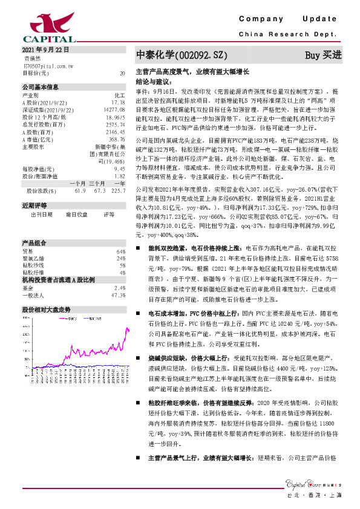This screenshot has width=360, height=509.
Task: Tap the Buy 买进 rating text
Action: (x=323, y=55)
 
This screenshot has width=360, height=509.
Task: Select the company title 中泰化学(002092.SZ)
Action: (x=181, y=55)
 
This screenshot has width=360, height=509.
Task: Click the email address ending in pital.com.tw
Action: (x=48, y=65)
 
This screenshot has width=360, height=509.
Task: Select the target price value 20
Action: (x=123, y=73)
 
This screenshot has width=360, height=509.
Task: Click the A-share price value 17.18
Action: (x=118, y=103)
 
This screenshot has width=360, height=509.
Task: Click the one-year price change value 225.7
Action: (x=118, y=191)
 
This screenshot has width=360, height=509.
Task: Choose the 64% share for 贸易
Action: (x=120, y=251)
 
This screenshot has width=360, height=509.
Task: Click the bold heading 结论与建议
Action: (x=153, y=80)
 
